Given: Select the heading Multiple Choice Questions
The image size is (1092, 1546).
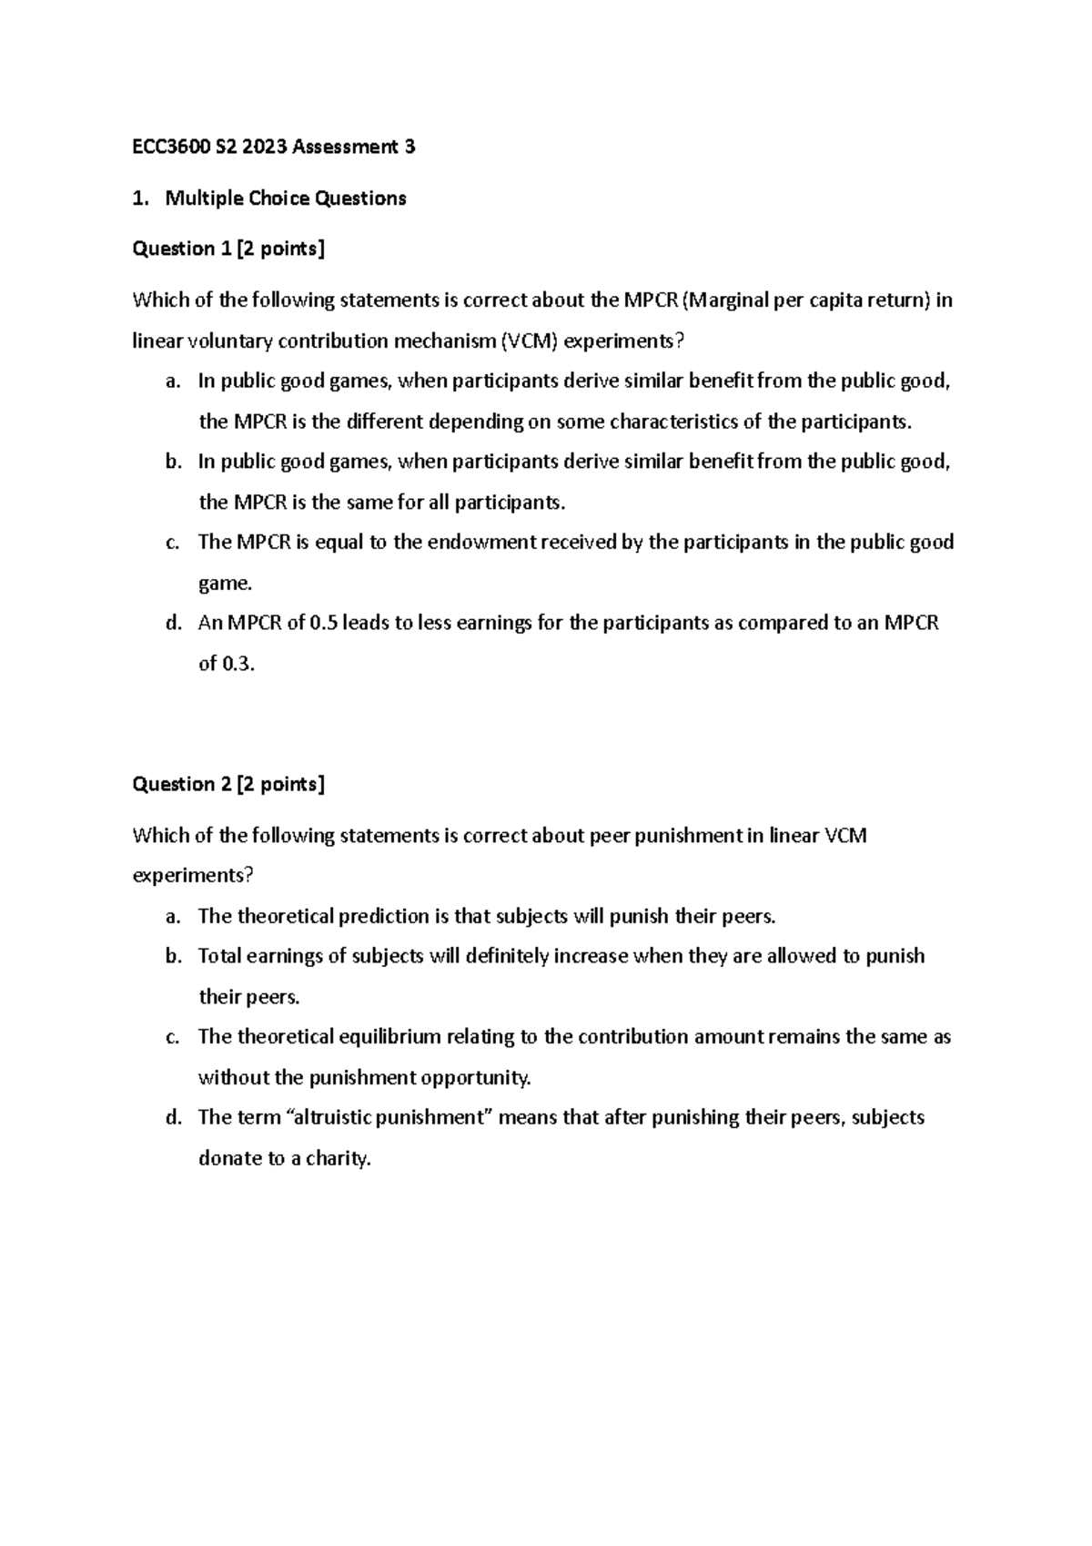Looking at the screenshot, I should coord(285,198).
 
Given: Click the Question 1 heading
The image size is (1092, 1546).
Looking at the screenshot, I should coord(228,249).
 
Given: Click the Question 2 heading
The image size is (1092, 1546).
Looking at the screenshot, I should coord(228,785).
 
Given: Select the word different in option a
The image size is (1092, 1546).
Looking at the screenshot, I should coord(385,422).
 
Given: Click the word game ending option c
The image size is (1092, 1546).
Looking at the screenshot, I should coord(224,584).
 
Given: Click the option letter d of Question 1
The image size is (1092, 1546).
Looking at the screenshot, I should coord(173,624).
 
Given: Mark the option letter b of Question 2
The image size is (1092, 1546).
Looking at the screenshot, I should coord(173,956).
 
